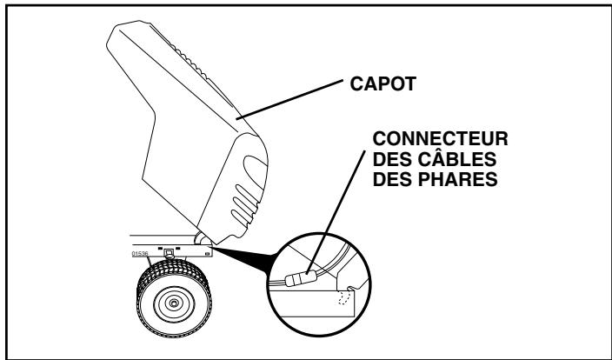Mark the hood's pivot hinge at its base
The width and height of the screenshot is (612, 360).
pos(202,236)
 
